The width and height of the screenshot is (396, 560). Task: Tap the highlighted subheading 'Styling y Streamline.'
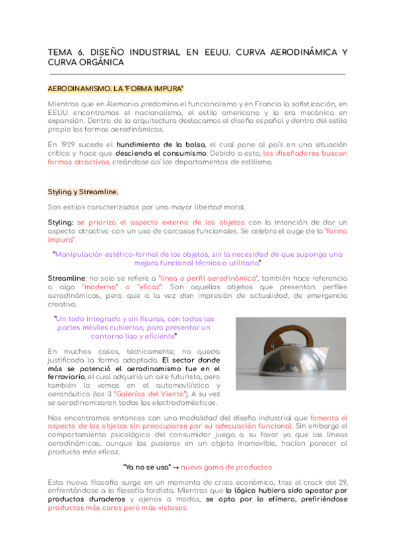coord(83,192)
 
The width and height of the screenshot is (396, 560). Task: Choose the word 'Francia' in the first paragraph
coord(262,104)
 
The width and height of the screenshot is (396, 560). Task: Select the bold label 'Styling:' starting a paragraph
coord(61,223)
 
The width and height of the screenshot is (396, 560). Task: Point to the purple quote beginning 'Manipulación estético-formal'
coord(198,258)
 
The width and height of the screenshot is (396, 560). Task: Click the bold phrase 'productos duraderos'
coord(86,500)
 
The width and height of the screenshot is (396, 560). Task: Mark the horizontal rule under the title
coord(197,74)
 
